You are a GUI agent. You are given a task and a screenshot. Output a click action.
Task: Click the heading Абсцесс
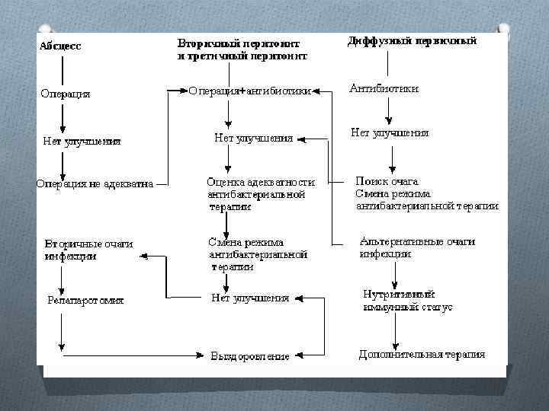tap(60, 46)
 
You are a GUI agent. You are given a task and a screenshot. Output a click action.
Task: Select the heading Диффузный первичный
tap(413, 41)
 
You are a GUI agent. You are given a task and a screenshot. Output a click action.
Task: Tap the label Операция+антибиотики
tap(249, 91)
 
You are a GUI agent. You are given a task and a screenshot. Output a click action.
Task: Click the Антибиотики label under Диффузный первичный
tap(384, 89)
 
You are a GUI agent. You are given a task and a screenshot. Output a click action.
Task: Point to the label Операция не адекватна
tap(95, 183)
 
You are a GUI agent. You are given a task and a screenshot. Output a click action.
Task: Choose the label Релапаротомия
tap(85, 300)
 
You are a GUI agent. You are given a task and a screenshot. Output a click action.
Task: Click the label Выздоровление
tap(250, 355)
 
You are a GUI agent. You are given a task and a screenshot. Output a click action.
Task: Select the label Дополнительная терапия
tap(422, 355)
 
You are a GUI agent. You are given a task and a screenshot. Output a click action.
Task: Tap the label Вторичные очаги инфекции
tap(88, 250)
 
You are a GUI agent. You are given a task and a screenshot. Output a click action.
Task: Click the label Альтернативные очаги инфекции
tap(417, 247)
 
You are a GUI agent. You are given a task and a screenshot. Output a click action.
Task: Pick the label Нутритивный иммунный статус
tap(408, 301)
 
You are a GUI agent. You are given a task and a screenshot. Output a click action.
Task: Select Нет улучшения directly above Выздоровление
tap(250, 298)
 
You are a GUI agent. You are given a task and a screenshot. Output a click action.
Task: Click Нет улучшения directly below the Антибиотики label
tap(390, 132)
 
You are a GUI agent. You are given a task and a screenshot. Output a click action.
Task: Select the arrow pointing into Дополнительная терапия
tap(396, 331)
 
